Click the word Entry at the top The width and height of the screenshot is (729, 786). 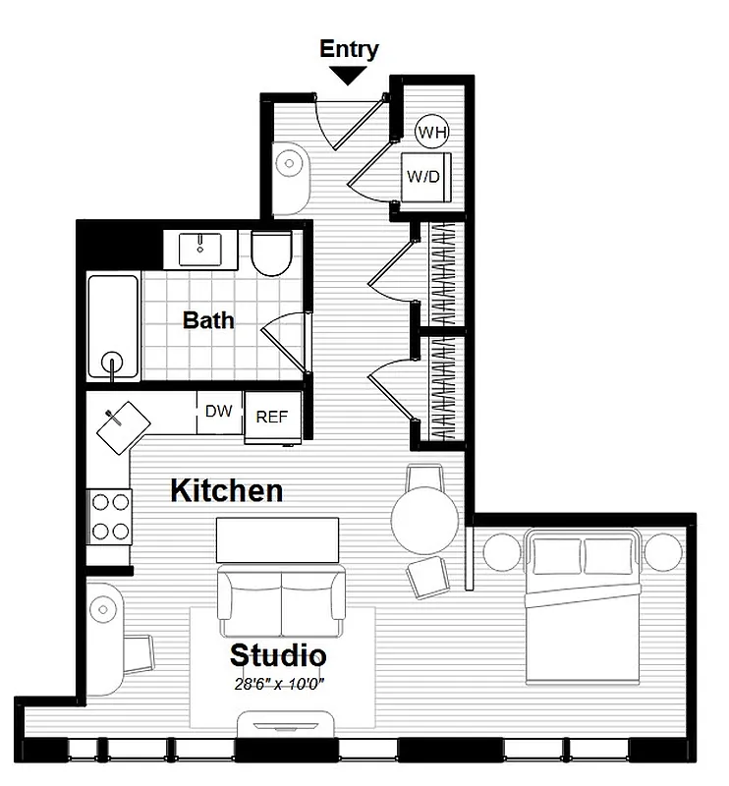[349, 49]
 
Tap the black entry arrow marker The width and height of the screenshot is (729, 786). [349, 75]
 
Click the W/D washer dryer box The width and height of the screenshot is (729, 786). [425, 177]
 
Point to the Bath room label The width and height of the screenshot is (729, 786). [208, 319]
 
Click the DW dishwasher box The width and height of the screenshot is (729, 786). [219, 413]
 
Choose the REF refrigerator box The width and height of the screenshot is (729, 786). [271, 417]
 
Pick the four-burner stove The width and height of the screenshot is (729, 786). [110, 516]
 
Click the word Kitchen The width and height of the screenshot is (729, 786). [227, 490]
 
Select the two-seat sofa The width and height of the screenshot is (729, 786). [281, 601]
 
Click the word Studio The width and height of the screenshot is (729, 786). [278, 654]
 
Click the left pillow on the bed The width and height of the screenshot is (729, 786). [555, 552]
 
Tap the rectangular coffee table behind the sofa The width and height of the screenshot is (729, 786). [278, 539]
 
